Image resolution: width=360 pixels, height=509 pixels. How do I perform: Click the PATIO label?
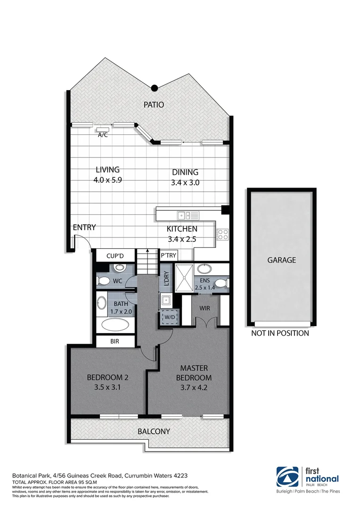[x=154, y=105]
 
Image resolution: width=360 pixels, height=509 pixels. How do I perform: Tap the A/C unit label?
[x=102, y=135]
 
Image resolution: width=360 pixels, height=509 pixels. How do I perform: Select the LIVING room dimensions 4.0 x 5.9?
[x=108, y=180]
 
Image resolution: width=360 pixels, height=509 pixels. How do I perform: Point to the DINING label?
[x=185, y=172]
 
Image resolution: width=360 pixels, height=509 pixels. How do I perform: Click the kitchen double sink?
[x=188, y=215]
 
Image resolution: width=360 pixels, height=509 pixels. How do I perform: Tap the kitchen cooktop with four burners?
[x=222, y=234]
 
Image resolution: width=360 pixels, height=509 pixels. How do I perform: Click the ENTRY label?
[x=84, y=227]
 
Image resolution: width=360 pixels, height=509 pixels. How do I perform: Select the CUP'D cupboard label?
[x=115, y=256]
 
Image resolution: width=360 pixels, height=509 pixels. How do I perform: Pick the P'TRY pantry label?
[x=168, y=255]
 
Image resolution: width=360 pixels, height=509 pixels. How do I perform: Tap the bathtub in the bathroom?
[x=115, y=325]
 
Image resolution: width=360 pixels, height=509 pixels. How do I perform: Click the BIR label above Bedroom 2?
[x=115, y=341]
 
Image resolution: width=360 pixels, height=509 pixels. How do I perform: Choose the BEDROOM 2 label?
[x=108, y=377]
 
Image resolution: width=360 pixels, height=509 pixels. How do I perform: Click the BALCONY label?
[x=154, y=431]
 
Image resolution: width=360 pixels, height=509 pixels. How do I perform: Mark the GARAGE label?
[x=282, y=260]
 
